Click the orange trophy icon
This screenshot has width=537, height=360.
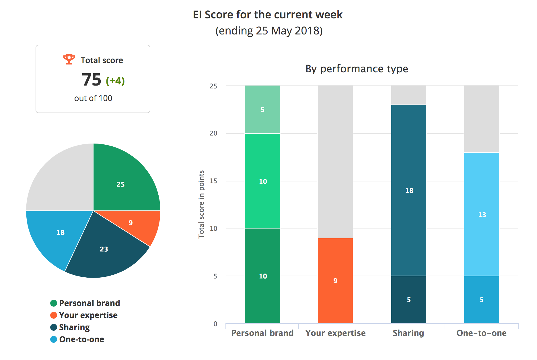69,59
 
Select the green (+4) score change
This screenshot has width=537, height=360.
115,81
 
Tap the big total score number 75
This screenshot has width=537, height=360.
92,80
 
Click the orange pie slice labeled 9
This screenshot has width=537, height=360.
138,225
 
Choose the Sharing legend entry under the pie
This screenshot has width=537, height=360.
70,327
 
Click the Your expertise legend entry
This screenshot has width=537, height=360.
84,315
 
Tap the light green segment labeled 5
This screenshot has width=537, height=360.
262,109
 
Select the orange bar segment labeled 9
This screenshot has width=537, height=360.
335,281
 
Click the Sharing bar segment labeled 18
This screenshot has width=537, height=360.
409,190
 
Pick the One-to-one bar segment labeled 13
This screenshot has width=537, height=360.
482,214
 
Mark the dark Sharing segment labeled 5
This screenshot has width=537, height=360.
409,300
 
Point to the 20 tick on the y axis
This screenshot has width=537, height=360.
213,133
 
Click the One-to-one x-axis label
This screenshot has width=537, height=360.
481,333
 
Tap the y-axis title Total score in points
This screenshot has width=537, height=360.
201,204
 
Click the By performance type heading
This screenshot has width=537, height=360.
357,69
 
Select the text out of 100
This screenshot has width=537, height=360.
93,98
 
